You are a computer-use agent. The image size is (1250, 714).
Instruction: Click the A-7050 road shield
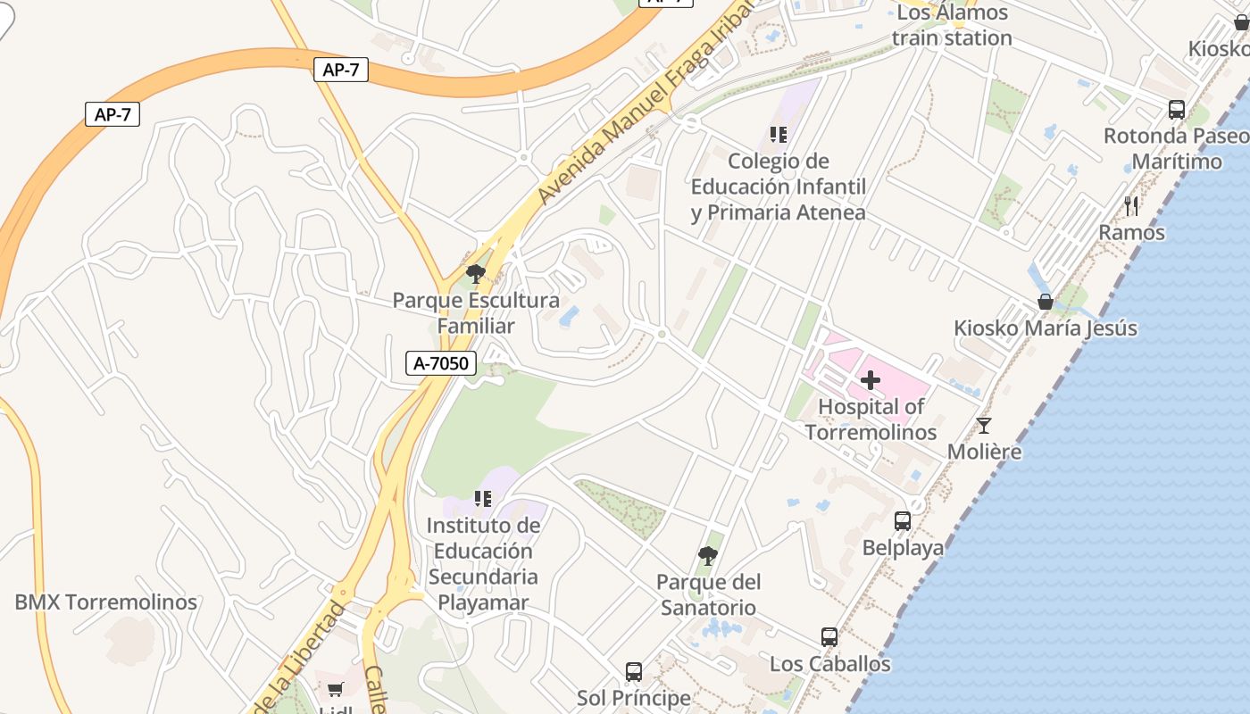pos(441,363)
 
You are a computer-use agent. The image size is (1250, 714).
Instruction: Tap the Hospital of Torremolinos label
pos(871,419)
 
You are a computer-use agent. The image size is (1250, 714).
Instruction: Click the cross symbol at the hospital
pos(871,381)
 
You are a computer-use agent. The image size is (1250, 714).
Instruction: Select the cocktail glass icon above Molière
pos(984,426)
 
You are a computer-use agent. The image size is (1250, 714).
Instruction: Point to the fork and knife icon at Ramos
pos(1131,206)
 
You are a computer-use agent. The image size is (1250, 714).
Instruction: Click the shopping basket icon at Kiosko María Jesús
pos(1045,302)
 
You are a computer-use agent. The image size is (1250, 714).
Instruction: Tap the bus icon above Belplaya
pos(903,520)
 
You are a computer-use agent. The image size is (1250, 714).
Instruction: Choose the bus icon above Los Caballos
pos(829,637)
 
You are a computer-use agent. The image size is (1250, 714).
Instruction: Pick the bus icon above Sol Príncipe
pos(633,671)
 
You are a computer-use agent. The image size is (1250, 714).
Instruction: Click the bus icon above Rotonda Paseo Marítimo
pos(1177,110)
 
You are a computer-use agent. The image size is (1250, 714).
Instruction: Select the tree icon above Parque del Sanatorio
pos(708,556)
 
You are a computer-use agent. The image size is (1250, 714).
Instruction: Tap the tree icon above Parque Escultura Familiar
pos(476,274)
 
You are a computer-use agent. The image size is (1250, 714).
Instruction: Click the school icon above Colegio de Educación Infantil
pos(778,135)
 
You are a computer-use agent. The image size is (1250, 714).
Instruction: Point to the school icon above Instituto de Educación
pos(483,499)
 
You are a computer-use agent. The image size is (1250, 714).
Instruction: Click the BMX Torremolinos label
pos(105,602)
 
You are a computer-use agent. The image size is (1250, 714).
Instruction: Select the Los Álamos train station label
pos(952,25)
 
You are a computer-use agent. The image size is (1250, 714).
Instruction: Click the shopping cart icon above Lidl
pos(335,689)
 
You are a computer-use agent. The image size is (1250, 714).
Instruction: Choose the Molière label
pos(984,452)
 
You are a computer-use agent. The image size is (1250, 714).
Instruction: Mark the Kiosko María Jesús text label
pos(1046,328)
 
